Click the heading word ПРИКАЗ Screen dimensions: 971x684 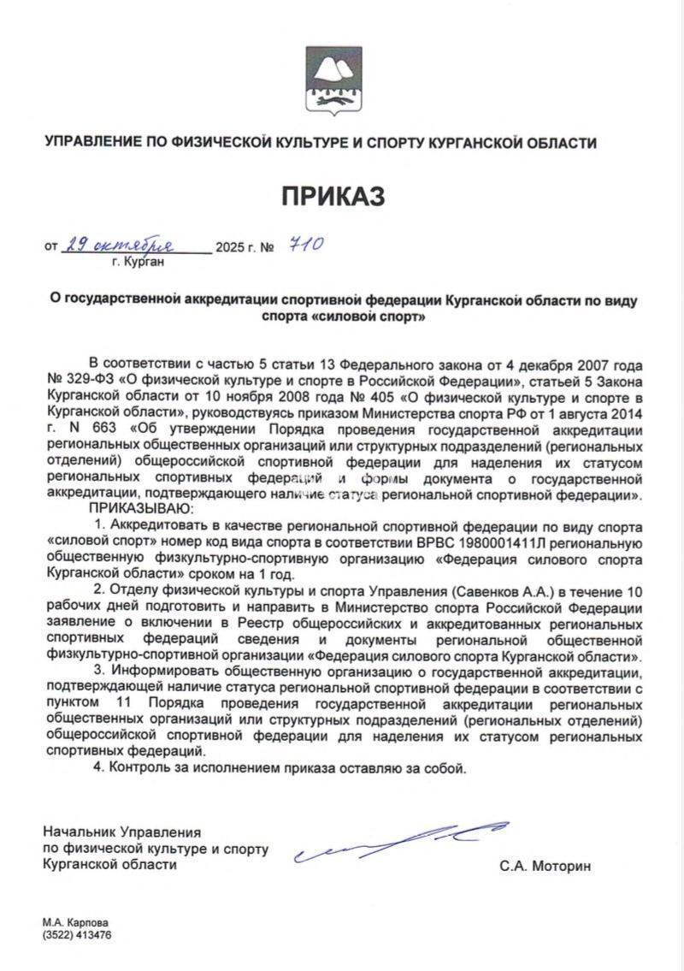click(333, 196)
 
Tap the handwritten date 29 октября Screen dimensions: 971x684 click(120, 246)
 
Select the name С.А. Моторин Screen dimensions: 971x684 click(545, 866)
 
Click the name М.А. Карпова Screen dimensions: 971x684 click(75, 923)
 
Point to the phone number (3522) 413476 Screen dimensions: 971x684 click(78, 935)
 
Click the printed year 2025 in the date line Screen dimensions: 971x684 click(230, 248)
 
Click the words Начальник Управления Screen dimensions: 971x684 click(121, 832)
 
